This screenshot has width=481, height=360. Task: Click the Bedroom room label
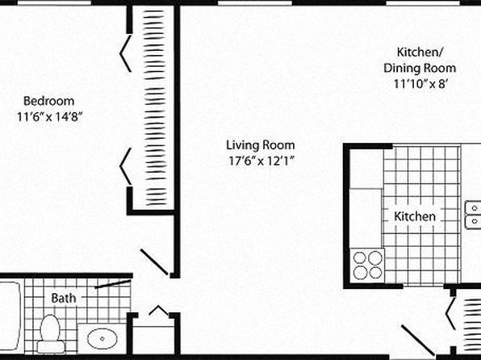(x=48, y=101)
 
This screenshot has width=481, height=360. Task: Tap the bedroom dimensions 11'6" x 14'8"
(x=49, y=117)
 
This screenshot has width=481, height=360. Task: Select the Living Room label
(x=261, y=145)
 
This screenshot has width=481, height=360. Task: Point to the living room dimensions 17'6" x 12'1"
(x=261, y=161)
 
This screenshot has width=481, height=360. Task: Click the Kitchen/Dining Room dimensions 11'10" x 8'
(x=420, y=83)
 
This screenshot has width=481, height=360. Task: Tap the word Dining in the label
(x=401, y=68)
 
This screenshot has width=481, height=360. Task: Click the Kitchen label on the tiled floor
(x=415, y=216)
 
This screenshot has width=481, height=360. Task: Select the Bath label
(x=64, y=298)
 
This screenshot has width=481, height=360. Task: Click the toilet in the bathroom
(x=51, y=334)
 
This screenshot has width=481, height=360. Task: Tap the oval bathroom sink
(x=102, y=338)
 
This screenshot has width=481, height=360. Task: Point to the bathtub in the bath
(x=11, y=316)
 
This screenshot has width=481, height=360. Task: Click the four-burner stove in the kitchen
(x=367, y=266)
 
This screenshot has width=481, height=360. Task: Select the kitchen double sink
(x=473, y=215)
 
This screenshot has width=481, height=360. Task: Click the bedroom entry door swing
(x=154, y=262)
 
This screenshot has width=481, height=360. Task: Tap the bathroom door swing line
(x=112, y=284)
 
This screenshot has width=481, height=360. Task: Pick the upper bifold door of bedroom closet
(x=125, y=53)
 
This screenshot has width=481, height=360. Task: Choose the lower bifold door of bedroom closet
(x=125, y=166)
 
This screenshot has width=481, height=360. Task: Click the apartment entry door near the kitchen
(x=417, y=340)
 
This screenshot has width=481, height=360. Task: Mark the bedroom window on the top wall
(x=54, y=3)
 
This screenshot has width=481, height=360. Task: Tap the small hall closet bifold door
(x=159, y=310)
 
